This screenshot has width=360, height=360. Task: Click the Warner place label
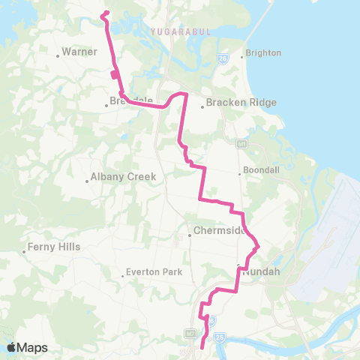pos(76,52)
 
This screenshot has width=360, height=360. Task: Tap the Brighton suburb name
pos(263,53)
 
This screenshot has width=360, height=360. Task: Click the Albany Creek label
pos(123,177)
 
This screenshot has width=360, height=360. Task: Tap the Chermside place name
pos(220,230)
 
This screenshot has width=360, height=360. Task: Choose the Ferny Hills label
pos(54,246)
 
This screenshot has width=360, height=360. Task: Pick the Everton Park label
pos(151,273)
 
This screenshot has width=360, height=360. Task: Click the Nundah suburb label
pos(261,272)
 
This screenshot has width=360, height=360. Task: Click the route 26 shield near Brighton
pos(223,58)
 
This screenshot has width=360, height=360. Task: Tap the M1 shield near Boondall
pos(241,142)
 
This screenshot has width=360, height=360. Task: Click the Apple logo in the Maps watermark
pos(12,347)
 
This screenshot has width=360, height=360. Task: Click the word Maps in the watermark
pos(34,347)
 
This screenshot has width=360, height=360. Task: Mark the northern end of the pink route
pos(102,13)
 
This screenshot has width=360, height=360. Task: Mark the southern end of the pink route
pos(202,346)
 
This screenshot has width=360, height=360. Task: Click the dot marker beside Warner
pos(58,54)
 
